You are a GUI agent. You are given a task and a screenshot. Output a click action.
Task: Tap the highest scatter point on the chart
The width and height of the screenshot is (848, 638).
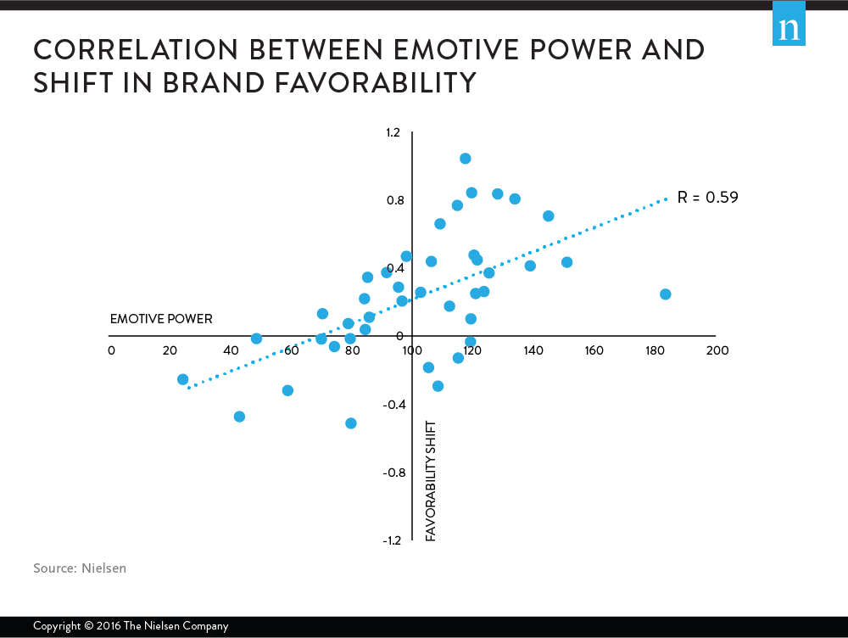coord(466,159)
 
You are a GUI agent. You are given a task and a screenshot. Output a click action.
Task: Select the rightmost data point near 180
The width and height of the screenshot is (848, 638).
coord(666,294)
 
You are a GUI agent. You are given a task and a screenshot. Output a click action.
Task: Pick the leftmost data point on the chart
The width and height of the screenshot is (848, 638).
coord(182,379)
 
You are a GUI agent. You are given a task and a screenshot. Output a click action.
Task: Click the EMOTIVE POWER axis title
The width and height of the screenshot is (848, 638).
coord(161,319)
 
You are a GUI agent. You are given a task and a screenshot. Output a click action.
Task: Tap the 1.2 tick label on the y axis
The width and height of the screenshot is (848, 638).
coord(394,133)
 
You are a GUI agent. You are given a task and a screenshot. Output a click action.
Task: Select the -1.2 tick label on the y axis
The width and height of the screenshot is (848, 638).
coord(393,540)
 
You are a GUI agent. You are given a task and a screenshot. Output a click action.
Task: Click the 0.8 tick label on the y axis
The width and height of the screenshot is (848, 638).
coord(394,201)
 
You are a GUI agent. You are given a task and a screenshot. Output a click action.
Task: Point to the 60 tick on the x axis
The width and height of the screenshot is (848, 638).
coord(291,350)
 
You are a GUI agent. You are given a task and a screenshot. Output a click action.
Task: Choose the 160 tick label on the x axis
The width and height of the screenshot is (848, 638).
coord(594,350)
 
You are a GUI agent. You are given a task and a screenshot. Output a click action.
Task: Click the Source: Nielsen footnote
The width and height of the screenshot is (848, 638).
coord(80,568)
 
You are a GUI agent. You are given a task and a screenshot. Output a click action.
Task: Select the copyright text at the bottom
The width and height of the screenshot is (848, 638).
coord(131,626)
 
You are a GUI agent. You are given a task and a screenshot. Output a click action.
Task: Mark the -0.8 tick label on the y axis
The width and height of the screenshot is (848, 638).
coord(393,473)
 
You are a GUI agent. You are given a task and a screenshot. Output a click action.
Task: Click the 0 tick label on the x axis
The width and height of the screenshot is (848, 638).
coord(111,350)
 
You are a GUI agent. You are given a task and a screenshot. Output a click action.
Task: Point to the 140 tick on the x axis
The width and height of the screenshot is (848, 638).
coord(533,350)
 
